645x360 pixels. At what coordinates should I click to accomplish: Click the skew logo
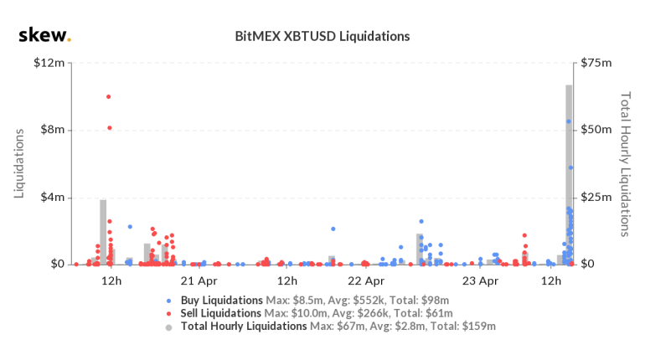(x=44, y=36)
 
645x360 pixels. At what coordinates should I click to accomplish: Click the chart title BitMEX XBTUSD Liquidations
(x=322, y=37)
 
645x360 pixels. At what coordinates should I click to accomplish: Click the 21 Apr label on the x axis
(x=199, y=280)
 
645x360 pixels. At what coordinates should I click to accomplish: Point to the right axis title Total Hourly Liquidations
(x=624, y=163)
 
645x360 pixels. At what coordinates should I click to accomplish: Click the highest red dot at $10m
(x=108, y=96)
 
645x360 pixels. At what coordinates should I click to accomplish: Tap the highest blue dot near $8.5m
(x=568, y=121)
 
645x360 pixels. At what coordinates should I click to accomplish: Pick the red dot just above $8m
(x=109, y=127)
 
